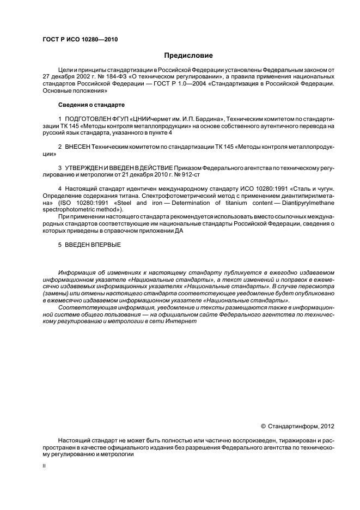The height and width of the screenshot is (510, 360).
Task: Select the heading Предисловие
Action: tap(188, 56)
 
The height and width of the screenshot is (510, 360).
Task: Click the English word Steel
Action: tap(121, 203)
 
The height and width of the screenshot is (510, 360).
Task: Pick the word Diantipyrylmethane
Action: tap(308, 203)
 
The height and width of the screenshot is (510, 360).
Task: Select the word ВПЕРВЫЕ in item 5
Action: tap(106, 244)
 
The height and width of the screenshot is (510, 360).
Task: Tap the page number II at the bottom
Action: tap(44, 466)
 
